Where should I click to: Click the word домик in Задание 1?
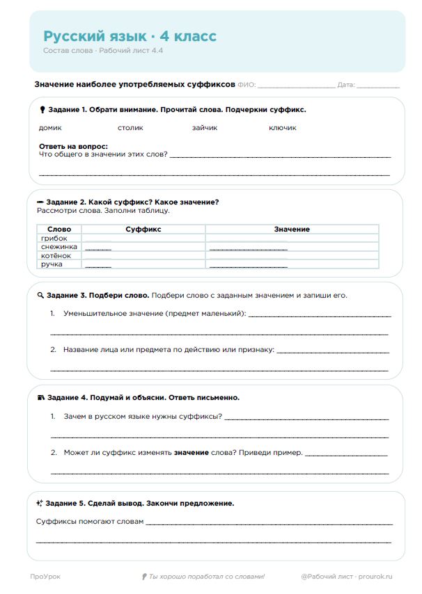click(x=50, y=128)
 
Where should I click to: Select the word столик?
click(x=130, y=128)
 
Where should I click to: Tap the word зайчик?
click(x=205, y=128)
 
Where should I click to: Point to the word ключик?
click(x=283, y=128)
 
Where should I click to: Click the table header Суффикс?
click(x=143, y=229)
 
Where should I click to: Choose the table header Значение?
click(x=292, y=229)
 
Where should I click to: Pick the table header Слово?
click(x=59, y=229)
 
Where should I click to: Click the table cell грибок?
click(x=54, y=238)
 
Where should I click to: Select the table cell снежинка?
click(x=59, y=247)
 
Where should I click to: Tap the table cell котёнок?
click(x=56, y=256)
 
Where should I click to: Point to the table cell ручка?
click(x=52, y=265)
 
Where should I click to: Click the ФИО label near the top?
click(x=247, y=85)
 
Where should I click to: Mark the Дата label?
click(x=346, y=85)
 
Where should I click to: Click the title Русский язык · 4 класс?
click(x=130, y=36)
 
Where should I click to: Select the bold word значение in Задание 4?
click(x=191, y=453)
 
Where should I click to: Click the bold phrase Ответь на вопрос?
click(x=73, y=147)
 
